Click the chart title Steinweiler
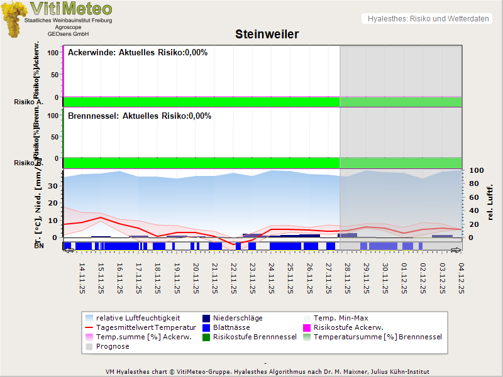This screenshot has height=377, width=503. point(267,34)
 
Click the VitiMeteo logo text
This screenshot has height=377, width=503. point(71,9)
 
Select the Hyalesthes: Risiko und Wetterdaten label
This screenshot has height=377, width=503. point(428,19)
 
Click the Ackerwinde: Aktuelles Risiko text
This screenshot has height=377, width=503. point(138,53)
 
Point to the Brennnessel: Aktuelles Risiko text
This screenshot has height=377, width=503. point(140,116)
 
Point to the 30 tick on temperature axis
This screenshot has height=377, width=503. point(53,186)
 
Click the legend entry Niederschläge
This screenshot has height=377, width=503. point(238,318)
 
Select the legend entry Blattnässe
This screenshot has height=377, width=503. point(231,327)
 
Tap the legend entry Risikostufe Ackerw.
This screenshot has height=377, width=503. point(348,327)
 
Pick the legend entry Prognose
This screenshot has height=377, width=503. point(113,346)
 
